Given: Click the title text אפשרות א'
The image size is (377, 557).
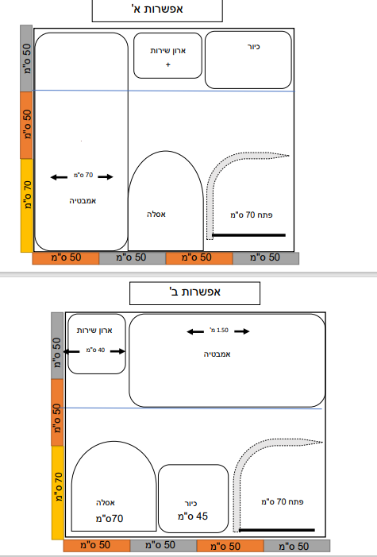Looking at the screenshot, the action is (157, 9).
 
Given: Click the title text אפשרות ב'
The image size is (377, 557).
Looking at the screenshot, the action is (195, 292).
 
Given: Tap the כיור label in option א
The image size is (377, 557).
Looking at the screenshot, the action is (254, 47).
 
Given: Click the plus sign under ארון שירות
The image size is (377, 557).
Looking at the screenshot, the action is (168, 64).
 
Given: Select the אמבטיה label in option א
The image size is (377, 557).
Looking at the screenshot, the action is (83, 201).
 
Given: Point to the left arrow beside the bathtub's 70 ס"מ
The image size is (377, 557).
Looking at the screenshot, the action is (59, 177).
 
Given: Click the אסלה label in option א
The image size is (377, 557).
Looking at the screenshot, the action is (156, 215).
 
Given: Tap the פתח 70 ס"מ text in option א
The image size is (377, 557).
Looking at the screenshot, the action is (252, 215).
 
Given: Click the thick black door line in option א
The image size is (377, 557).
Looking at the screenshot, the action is (249, 235).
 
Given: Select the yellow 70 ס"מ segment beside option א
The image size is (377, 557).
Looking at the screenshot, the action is (26, 206).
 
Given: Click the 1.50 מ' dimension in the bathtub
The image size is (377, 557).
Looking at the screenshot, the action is (219, 330).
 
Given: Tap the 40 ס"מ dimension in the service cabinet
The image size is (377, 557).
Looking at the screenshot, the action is (95, 350).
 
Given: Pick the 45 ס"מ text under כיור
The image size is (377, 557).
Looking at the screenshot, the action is (193, 516).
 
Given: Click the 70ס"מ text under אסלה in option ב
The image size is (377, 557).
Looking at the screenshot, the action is (110, 519).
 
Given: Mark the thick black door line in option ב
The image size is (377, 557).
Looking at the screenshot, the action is (277, 530).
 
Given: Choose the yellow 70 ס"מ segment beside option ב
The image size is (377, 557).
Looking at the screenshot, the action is (57, 493).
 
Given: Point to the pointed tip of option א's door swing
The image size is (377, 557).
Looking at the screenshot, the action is (289, 155).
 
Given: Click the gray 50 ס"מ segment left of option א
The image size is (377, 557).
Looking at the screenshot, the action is (26, 58).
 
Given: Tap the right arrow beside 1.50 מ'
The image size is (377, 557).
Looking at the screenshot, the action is (242, 331).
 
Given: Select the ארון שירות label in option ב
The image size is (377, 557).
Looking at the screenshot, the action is (94, 331).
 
